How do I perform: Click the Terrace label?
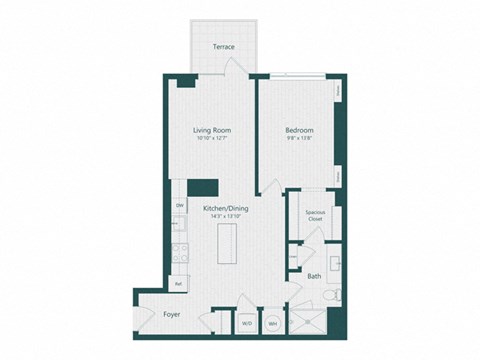click(223, 47)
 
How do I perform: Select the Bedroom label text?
click(299, 130)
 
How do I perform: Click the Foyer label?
click(172, 314)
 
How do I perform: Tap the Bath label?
click(314, 276)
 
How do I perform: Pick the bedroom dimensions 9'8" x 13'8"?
click(299, 138)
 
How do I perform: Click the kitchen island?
click(230, 244)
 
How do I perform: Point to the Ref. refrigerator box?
click(179, 285)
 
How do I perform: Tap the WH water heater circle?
click(272, 323)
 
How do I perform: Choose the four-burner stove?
click(181, 253)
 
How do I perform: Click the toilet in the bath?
click(335, 296)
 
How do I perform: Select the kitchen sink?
click(179, 228)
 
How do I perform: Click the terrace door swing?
click(232, 66)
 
